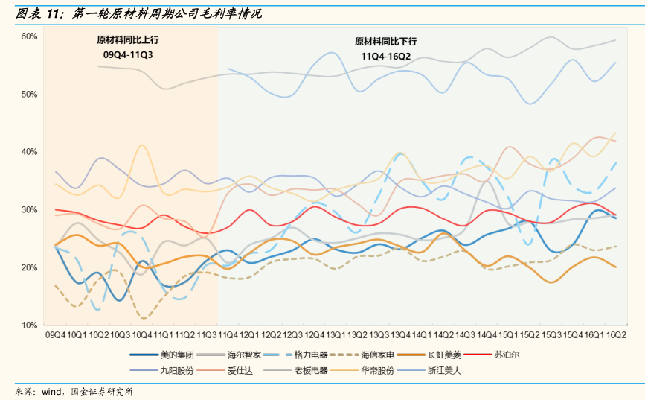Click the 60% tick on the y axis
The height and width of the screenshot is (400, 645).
29,36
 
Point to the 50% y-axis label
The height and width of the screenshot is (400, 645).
29,95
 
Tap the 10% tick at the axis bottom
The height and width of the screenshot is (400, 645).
29,326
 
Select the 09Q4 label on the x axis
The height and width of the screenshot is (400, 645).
55,336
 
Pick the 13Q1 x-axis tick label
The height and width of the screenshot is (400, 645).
336,336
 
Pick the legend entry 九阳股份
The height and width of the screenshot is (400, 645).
176,370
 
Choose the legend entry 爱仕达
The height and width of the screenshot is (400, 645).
243,370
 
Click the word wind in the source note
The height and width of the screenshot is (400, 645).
51,391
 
